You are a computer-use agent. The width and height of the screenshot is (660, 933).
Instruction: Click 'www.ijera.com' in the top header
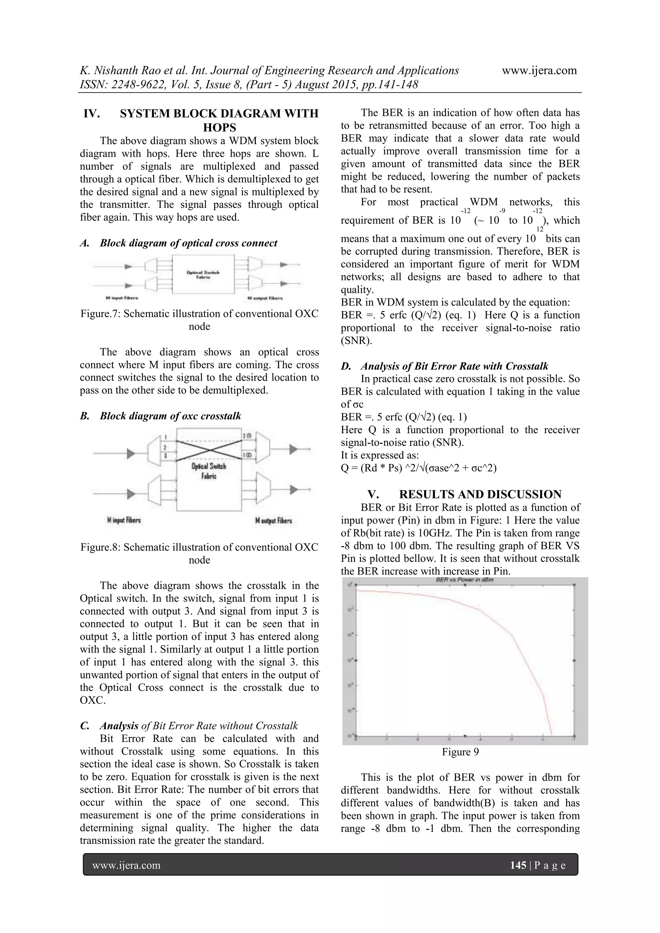[539, 70]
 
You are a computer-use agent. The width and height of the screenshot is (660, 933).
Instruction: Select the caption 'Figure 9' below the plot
[460, 752]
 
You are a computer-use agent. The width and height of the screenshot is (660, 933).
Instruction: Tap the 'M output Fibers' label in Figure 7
[265, 298]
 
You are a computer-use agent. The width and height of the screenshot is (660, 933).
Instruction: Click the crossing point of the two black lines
[209, 450]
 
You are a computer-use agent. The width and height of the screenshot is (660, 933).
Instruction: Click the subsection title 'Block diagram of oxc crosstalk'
[170, 416]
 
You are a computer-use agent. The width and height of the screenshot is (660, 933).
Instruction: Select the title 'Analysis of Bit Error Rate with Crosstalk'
[454, 366]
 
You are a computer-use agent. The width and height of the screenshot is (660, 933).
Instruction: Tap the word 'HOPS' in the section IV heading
[219, 128]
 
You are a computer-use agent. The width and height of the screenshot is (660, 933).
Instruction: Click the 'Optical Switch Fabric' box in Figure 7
[204, 274]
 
